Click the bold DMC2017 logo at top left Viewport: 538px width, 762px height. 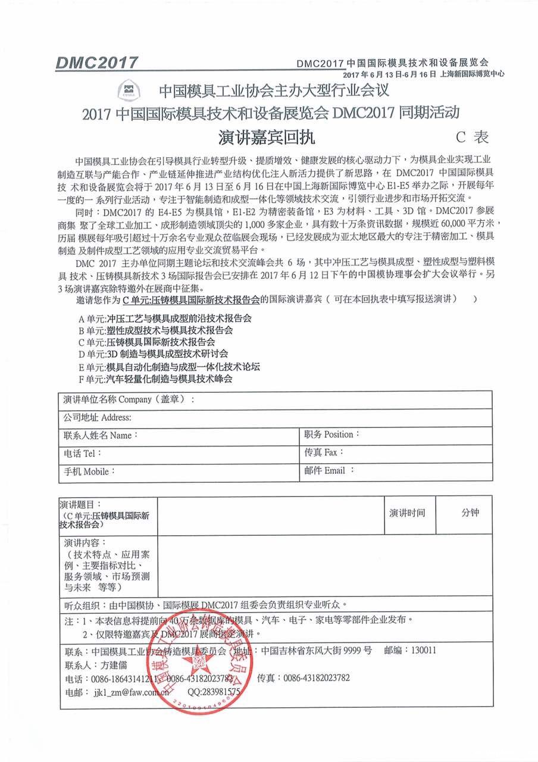click(97, 63)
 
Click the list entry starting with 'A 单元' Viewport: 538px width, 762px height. click(165, 318)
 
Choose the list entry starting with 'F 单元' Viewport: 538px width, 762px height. click(155, 378)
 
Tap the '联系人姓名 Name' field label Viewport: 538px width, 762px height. click(101, 435)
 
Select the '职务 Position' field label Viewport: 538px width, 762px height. click(332, 435)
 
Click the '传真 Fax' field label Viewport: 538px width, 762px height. click(324, 452)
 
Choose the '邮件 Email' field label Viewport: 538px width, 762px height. click(329, 470)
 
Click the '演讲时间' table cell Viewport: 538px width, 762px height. click(408, 513)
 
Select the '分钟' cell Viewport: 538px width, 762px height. click(470, 513)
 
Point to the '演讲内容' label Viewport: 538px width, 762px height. click(85, 543)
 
